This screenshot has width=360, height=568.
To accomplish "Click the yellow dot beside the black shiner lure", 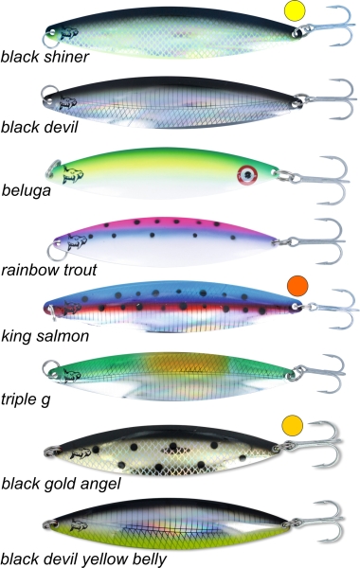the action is pyautogui.click(x=295, y=11).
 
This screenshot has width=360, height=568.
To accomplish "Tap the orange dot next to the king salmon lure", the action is pyautogui.click(x=297, y=286).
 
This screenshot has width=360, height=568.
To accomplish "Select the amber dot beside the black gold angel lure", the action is pyautogui.click(x=292, y=425).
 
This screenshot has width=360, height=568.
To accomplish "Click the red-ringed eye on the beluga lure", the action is pyautogui.click(x=247, y=175).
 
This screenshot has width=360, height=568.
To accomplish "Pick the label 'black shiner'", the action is pyautogui.click(x=45, y=57).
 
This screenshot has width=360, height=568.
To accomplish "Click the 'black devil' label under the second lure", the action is pyautogui.click(x=39, y=127).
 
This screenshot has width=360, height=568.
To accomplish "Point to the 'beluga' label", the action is pyautogui.click(x=27, y=191).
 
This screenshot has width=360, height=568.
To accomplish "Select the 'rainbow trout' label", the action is pyautogui.click(x=49, y=270).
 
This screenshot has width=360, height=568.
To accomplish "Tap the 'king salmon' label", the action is pyautogui.click(x=45, y=336).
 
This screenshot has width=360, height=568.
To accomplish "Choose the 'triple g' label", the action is pyautogui.click(x=26, y=399).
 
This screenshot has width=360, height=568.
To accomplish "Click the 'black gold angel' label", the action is pyautogui.click(x=61, y=484).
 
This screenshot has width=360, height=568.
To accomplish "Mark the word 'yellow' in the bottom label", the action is pyautogui.click(x=103, y=559).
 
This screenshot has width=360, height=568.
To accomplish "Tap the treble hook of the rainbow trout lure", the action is pyautogui.click(x=319, y=240).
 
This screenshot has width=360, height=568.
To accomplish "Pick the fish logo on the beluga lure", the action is pyautogui.click(x=73, y=175).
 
